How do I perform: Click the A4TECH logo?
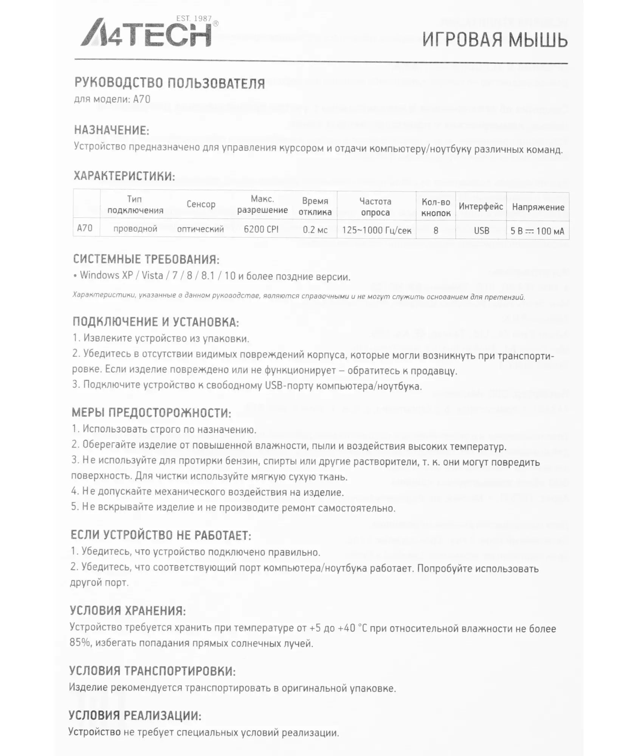point(147,33)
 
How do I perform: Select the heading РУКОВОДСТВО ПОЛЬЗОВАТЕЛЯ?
point(169,83)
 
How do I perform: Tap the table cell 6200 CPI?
point(261,229)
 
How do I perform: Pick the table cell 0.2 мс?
point(315,229)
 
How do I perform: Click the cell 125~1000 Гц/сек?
point(377,230)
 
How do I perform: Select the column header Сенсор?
point(201,204)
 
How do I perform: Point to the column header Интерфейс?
point(480,207)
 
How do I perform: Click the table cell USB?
point(481,231)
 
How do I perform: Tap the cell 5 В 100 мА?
point(537,231)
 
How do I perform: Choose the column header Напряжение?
point(538,207)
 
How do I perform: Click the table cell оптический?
point(200,229)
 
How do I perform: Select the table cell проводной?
point(135,229)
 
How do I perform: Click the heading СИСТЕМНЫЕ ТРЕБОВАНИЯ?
point(146,259)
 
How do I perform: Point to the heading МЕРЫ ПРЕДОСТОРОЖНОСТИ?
point(151,413)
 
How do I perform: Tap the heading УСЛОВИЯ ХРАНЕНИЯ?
point(128,610)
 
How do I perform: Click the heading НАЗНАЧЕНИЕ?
point(112,130)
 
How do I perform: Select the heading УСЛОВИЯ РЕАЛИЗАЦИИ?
point(135,716)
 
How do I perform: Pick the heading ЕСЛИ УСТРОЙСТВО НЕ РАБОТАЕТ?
point(161,535)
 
